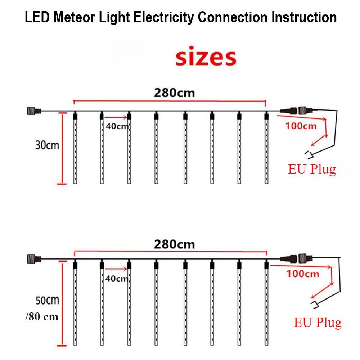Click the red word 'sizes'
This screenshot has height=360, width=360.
[206, 58]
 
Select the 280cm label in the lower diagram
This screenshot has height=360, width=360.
[174, 244]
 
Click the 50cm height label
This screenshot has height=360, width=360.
[47, 300]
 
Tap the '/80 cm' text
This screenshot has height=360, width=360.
[41, 317]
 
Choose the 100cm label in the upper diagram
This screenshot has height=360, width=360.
[301, 126]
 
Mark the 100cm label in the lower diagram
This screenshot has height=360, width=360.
[303, 274]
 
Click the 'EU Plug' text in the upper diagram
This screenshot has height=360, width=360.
[312, 169]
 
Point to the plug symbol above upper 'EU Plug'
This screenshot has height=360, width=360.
[309, 154]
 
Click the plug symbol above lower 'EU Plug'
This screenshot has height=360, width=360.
[315, 305]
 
